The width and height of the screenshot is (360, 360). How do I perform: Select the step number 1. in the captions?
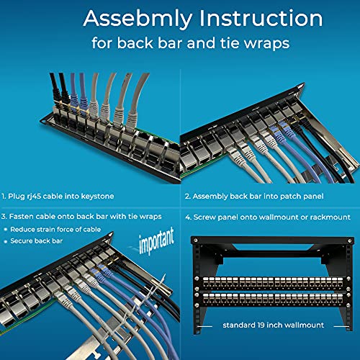[x=6, y=195]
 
